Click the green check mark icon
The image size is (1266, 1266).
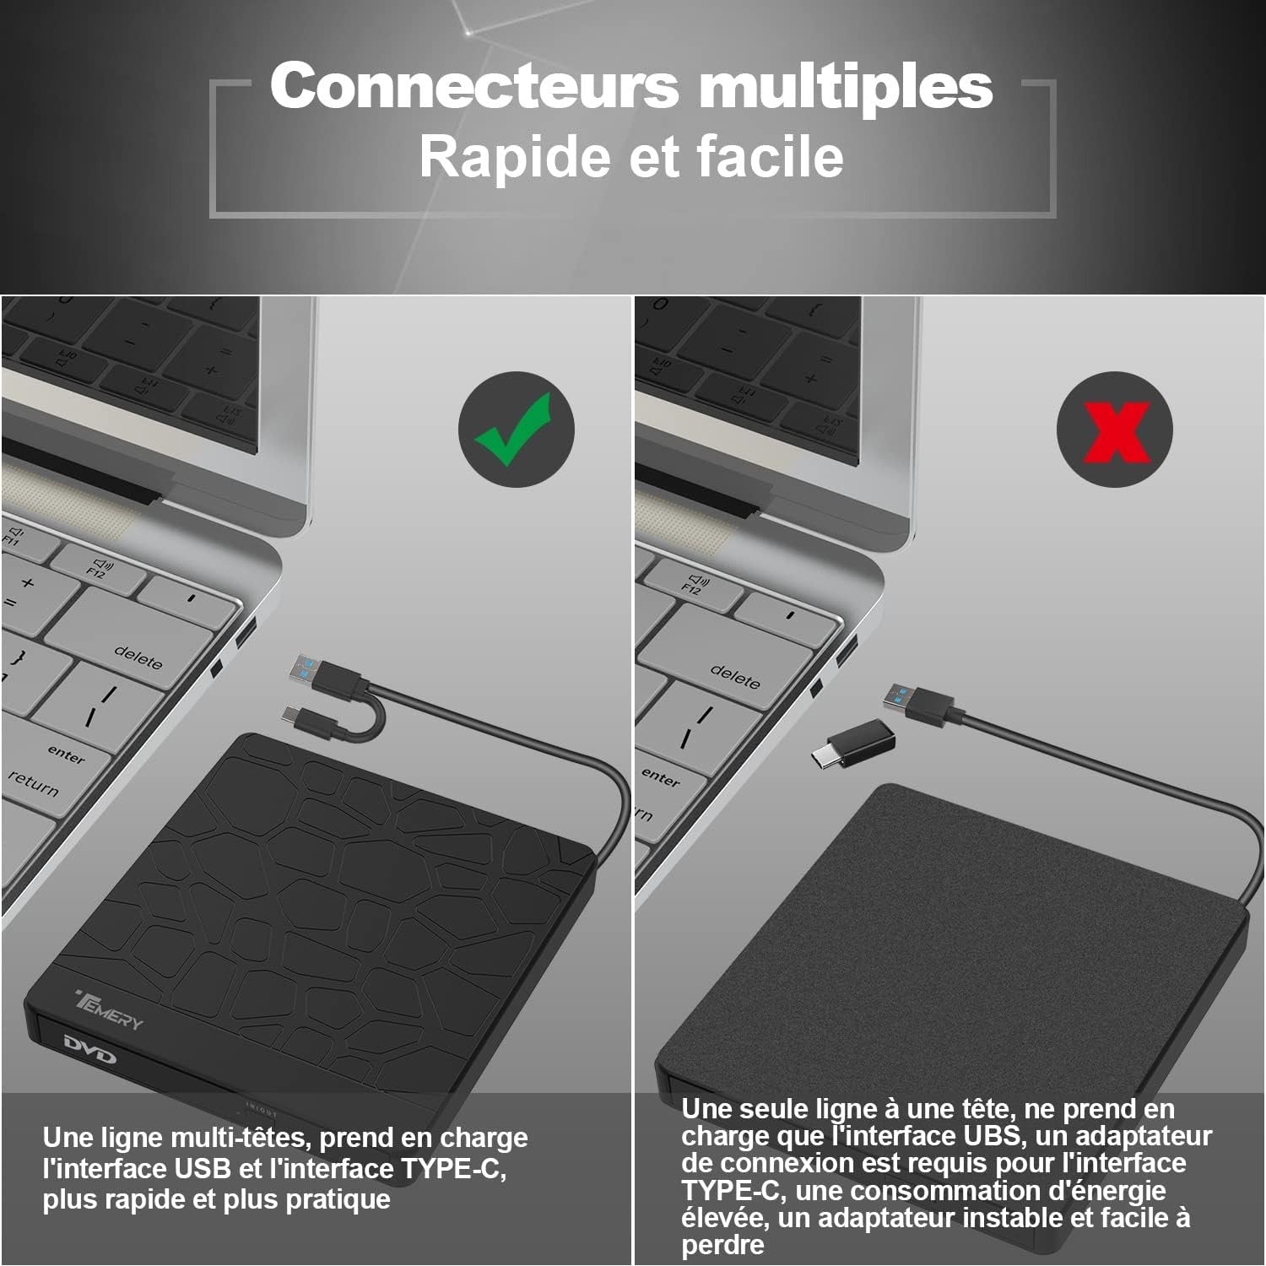click(x=516, y=429)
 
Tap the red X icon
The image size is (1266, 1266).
click(x=1115, y=430)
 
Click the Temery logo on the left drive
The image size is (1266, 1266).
click(x=110, y=1008)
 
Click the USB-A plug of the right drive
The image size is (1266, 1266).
click(x=919, y=703)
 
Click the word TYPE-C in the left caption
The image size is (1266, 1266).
click(x=452, y=1169)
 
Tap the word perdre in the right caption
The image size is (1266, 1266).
click(x=723, y=1246)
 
